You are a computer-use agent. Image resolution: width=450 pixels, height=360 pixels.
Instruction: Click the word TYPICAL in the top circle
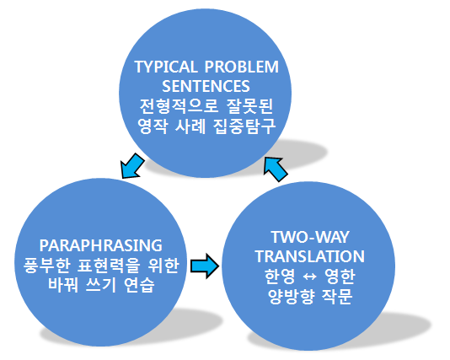point(166,67)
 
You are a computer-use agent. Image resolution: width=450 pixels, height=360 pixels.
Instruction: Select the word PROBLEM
point(242,67)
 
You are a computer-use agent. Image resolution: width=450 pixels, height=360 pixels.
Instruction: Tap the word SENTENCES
point(206,86)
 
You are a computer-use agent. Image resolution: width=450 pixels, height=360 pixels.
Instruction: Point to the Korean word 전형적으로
point(179,105)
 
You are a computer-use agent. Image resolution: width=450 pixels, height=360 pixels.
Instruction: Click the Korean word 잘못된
point(249,105)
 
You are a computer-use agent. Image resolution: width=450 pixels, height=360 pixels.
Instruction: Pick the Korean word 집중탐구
point(244,126)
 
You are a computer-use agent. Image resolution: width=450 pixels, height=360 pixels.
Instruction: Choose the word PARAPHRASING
point(101,245)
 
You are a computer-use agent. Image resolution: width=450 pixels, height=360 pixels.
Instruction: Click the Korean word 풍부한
point(47,265)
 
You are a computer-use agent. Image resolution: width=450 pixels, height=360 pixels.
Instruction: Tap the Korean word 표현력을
point(109,265)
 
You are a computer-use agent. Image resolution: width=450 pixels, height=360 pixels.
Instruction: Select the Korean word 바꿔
point(63,284)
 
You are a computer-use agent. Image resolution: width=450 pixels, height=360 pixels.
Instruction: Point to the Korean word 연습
point(139,284)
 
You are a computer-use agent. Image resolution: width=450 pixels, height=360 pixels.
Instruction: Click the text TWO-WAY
point(310,237)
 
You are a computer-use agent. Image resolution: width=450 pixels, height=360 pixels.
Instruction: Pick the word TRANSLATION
point(310,256)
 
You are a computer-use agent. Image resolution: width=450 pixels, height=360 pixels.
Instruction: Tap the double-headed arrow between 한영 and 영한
point(309,277)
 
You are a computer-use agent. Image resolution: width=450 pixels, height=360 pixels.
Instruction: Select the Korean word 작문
point(337,296)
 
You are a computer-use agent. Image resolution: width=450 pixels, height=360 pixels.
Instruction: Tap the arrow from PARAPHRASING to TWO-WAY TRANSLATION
point(205,266)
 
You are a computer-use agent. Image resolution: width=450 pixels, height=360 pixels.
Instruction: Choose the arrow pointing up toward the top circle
point(275,169)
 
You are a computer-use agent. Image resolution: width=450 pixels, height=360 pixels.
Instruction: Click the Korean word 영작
point(153,126)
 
